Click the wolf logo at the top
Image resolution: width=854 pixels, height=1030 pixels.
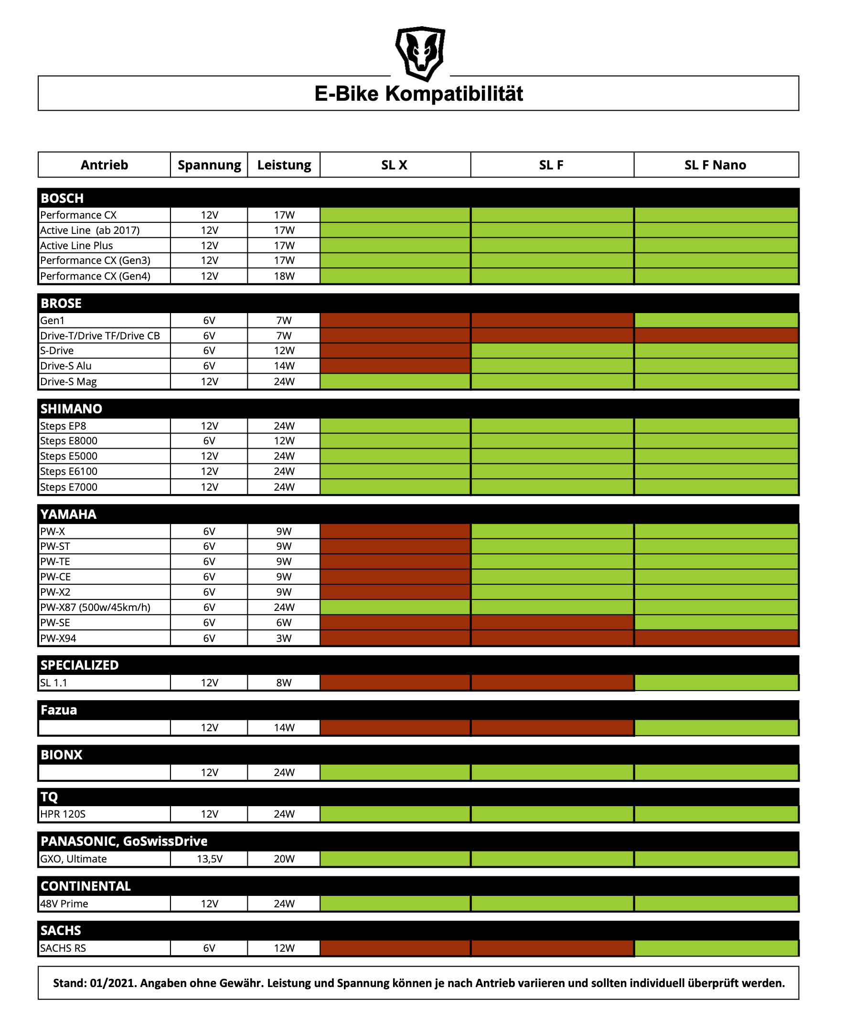coord(420,53)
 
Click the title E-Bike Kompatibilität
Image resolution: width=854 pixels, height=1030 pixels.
coord(418,94)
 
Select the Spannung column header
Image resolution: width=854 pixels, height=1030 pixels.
coord(209,165)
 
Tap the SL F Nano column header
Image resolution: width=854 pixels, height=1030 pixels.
coord(715,165)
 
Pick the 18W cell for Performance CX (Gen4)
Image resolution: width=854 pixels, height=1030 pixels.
coord(284,276)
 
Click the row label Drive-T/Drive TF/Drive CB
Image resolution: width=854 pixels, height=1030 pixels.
coord(100,336)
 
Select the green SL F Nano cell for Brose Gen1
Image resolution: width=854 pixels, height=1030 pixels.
coord(715,320)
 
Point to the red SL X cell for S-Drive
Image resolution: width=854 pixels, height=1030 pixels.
coord(395,351)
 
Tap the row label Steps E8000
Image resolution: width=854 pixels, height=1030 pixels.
coord(69,441)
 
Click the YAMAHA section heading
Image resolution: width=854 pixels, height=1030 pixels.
coord(68,514)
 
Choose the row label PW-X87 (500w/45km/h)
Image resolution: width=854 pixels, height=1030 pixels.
coord(95,607)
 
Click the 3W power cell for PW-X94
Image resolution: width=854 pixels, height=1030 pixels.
coord(284,638)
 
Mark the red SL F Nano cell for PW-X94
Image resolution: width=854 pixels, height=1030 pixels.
coord(715,638)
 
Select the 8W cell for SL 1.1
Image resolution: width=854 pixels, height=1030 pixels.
coord(284,683)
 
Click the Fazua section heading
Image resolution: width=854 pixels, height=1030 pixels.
coord(59,710)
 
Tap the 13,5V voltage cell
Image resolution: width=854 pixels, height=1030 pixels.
coord(210,859)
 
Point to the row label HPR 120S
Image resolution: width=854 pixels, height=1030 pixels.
coord(63,814)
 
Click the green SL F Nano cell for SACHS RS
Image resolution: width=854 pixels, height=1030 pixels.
coord(715,948)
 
